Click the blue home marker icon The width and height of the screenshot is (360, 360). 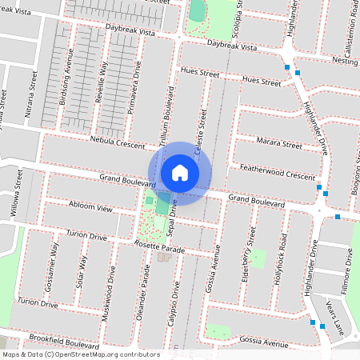(x=180, y=173)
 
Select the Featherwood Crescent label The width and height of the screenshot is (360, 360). (x=278, y=174)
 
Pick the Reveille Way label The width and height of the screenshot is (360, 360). (x=102, y=78)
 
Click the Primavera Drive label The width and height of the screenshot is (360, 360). (x=136, y=81)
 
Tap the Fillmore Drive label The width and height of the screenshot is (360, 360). (x=348, y=270)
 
